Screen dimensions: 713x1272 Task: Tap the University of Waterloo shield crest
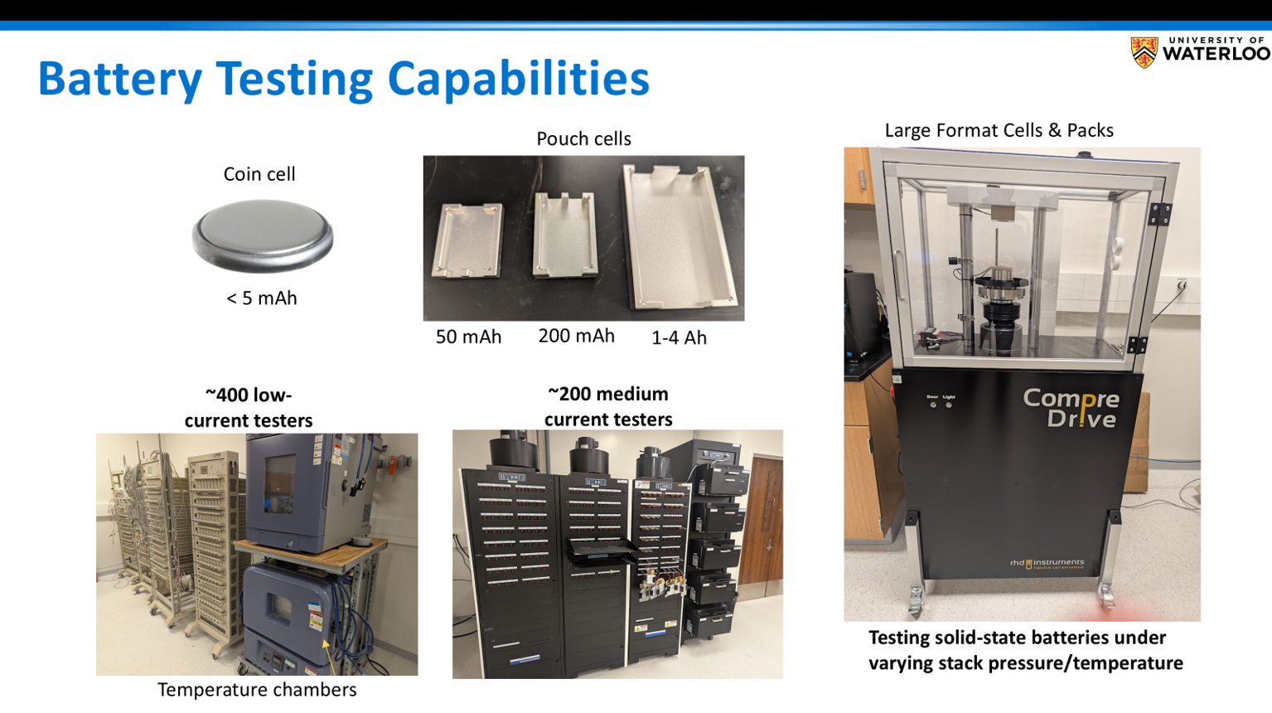(1144, 52)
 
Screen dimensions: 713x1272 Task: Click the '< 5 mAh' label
(262, 298)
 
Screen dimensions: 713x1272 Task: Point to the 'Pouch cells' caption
(583, 138)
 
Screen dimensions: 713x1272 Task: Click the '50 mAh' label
(468, 337)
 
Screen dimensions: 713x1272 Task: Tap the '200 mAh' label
(576, 336)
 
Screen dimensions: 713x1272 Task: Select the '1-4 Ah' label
(679, 338)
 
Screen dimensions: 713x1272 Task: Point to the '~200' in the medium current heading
(571, 394)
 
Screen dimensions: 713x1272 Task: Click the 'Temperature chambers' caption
(257, 690)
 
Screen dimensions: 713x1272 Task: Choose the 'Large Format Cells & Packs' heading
(999, 130)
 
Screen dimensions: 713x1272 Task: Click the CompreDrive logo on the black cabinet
(1071, 408)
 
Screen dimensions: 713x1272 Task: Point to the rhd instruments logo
(1047, 564)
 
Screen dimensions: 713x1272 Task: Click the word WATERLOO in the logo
(1216, 54)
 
